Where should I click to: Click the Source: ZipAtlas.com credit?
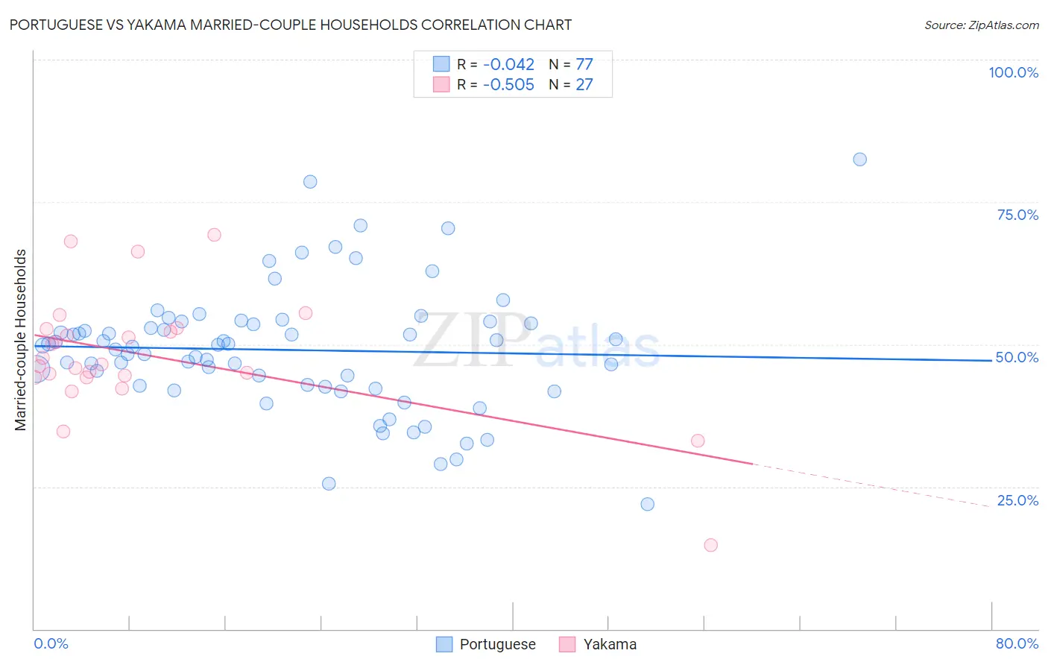pyautogui.click(x=981, y=25)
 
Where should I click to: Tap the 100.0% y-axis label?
pyautogui.click(x=1013, y=72)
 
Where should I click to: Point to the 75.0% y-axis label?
pyautogui.click(x=1017, y=215)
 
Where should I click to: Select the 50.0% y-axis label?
pyautogui.click(x=1017, y=357)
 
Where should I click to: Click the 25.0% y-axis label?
pyautogui.click(x=1017, y=500)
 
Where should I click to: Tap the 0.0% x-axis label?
pyautogui.click(x=51, y=643)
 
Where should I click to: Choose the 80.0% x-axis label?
pyautogui.click(x=1017, y=643)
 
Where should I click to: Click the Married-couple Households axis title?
pyautogui.click(x=21, y=340)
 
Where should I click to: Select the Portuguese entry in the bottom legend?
pyautogui.click(x=497, y=644)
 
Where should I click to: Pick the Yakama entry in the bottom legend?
pyautogui.click(x=609, y=644)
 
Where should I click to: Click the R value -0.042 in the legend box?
pyautogui.click(x=508, y=64)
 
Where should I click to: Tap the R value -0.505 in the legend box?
pyautogui.click(x=508, y=85)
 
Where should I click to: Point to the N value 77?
pyautogui.click(x=584, y=64)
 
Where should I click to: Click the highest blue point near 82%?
pyautogui.click(x=859, y=160)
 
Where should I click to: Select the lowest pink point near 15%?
pyautogui.click(x=710, y=545)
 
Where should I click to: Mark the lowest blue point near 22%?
pyautogui.click(x=647, y=504)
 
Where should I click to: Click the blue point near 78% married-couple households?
pyautogui.click(x=310, y=182)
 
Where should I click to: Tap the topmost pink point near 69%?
pyautogui.click(x=214, y=235)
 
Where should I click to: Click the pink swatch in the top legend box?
pyautogui.click(x=442, y=85)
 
